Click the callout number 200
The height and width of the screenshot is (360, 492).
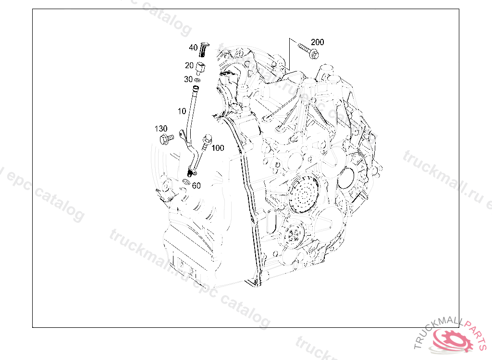(317, 42)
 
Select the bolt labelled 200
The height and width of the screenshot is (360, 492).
(306, 50)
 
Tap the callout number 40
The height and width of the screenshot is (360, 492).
(193, 48)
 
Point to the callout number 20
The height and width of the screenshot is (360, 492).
(189, 66)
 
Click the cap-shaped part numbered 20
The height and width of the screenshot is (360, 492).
(200, 67)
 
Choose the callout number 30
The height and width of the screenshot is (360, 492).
(188, 79)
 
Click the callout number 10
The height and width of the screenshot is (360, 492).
(182, 111)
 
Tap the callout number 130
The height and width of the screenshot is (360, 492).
(161, 129)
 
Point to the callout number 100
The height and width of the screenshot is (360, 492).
(218, 148)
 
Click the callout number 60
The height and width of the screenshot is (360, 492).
(196, 186)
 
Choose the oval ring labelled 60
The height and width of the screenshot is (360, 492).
(186, 181)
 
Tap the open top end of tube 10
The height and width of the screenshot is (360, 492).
(196, 88)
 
